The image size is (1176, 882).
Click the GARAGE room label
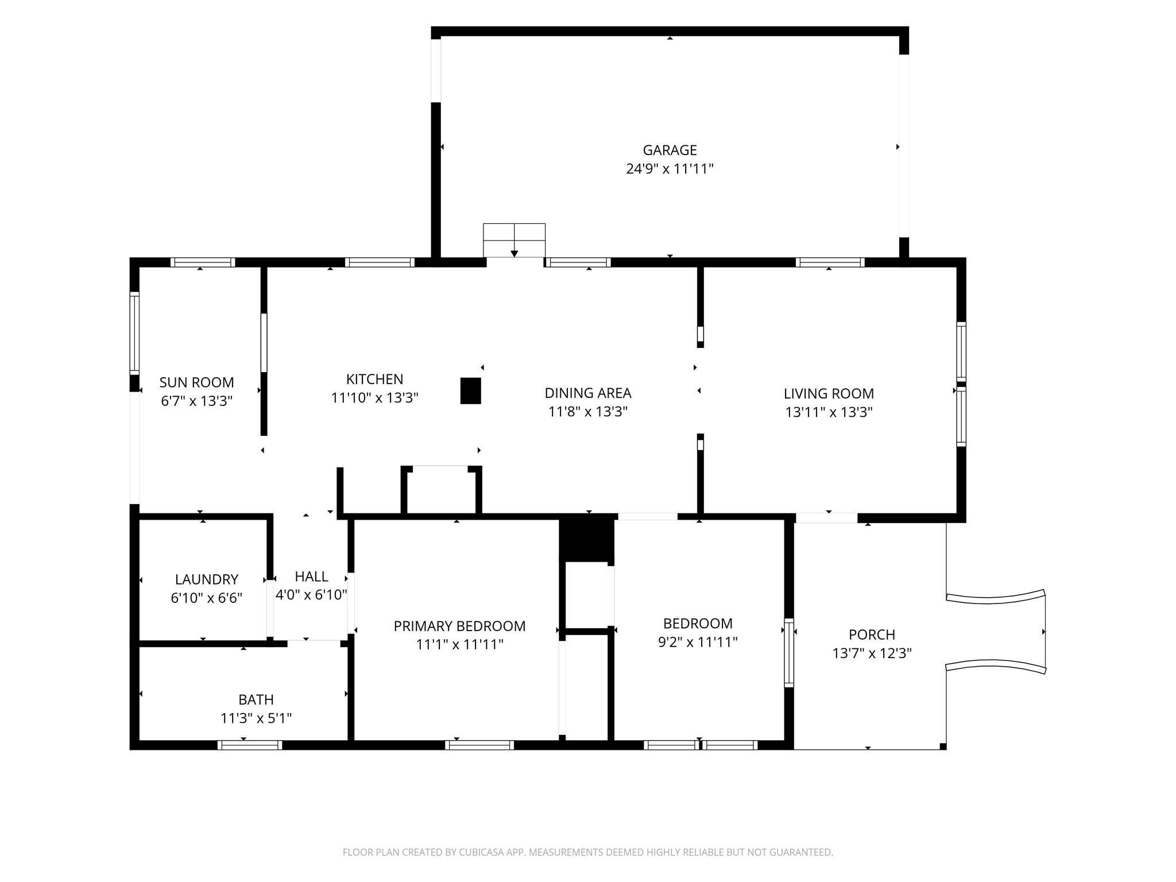pyautogui.click(x=670, y=150)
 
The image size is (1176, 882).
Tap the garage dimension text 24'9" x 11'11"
pyautogui.click(x=670, y=169)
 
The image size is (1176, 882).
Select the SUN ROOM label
pyautogui.click(x=196, y=382)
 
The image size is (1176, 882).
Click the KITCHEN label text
pyautogui.click(x=374, y=379)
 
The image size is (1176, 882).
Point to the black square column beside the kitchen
pyautogui.click(x=470, y=390)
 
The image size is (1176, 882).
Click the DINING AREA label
pyautogui.click(x=588, y=393)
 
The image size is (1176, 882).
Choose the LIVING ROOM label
pyautogui.click(x=829, y=393)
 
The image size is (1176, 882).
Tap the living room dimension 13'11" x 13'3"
pyautogui.click(x=829, y=412)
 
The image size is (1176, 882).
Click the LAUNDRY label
pyautogui.click(x=206, y=579)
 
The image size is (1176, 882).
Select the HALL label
pyautogui.click(x=311, y=577)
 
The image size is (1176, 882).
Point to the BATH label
pyautogui.click(x=256, y=699)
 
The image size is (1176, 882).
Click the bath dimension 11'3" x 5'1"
pyautogui.click(x=256, y=718)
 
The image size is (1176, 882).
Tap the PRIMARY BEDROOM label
pyautogui.click(x=459, y=626)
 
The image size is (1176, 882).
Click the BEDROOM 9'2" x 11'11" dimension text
pyautogui.click(x=698, y=642)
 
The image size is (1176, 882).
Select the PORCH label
pyautogui.click(x=872, y=635)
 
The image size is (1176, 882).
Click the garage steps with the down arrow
pyautogui.click(x=514, y=240)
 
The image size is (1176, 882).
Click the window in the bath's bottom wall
pyautogui.click(x=250, y=745)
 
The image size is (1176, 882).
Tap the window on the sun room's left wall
pyautogui.click(x=134, y=333)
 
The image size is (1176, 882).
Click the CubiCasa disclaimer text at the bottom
pyautogui.click(x=587, y=853)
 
